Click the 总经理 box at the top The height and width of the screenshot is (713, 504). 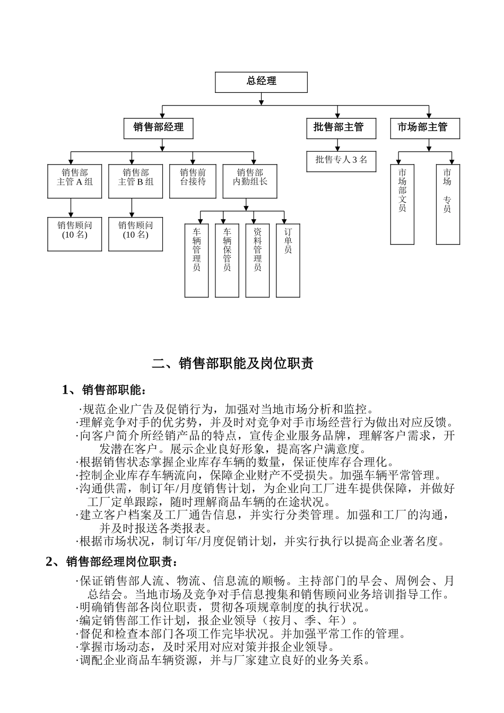coord(261,82)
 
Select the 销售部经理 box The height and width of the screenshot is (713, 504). coord(158,128)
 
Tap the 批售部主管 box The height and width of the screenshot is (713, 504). coord(341,128)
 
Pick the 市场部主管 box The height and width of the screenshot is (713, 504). coord(425,128)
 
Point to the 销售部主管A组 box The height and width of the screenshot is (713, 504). coord(75,181)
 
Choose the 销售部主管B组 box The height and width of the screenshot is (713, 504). coord(135,181)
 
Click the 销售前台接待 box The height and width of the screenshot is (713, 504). coord(193,181)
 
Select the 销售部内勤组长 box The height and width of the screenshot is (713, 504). coord(250,181)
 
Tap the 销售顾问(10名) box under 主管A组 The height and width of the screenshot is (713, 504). coord(75,233)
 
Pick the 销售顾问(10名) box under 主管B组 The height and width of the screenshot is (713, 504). coord(135,233)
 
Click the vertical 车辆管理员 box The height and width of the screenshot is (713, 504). coord(197,260)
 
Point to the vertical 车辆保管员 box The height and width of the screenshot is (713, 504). coord(227,260)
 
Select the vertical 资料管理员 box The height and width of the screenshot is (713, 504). coord(257,260)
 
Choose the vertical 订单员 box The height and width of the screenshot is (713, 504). coord(288,260)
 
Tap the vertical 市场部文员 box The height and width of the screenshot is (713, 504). coord(402,204)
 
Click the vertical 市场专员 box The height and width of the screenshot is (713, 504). coord(448,204)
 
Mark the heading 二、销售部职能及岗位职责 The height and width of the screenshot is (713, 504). coord(232,363)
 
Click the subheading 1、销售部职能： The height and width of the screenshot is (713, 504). coord(104,390)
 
